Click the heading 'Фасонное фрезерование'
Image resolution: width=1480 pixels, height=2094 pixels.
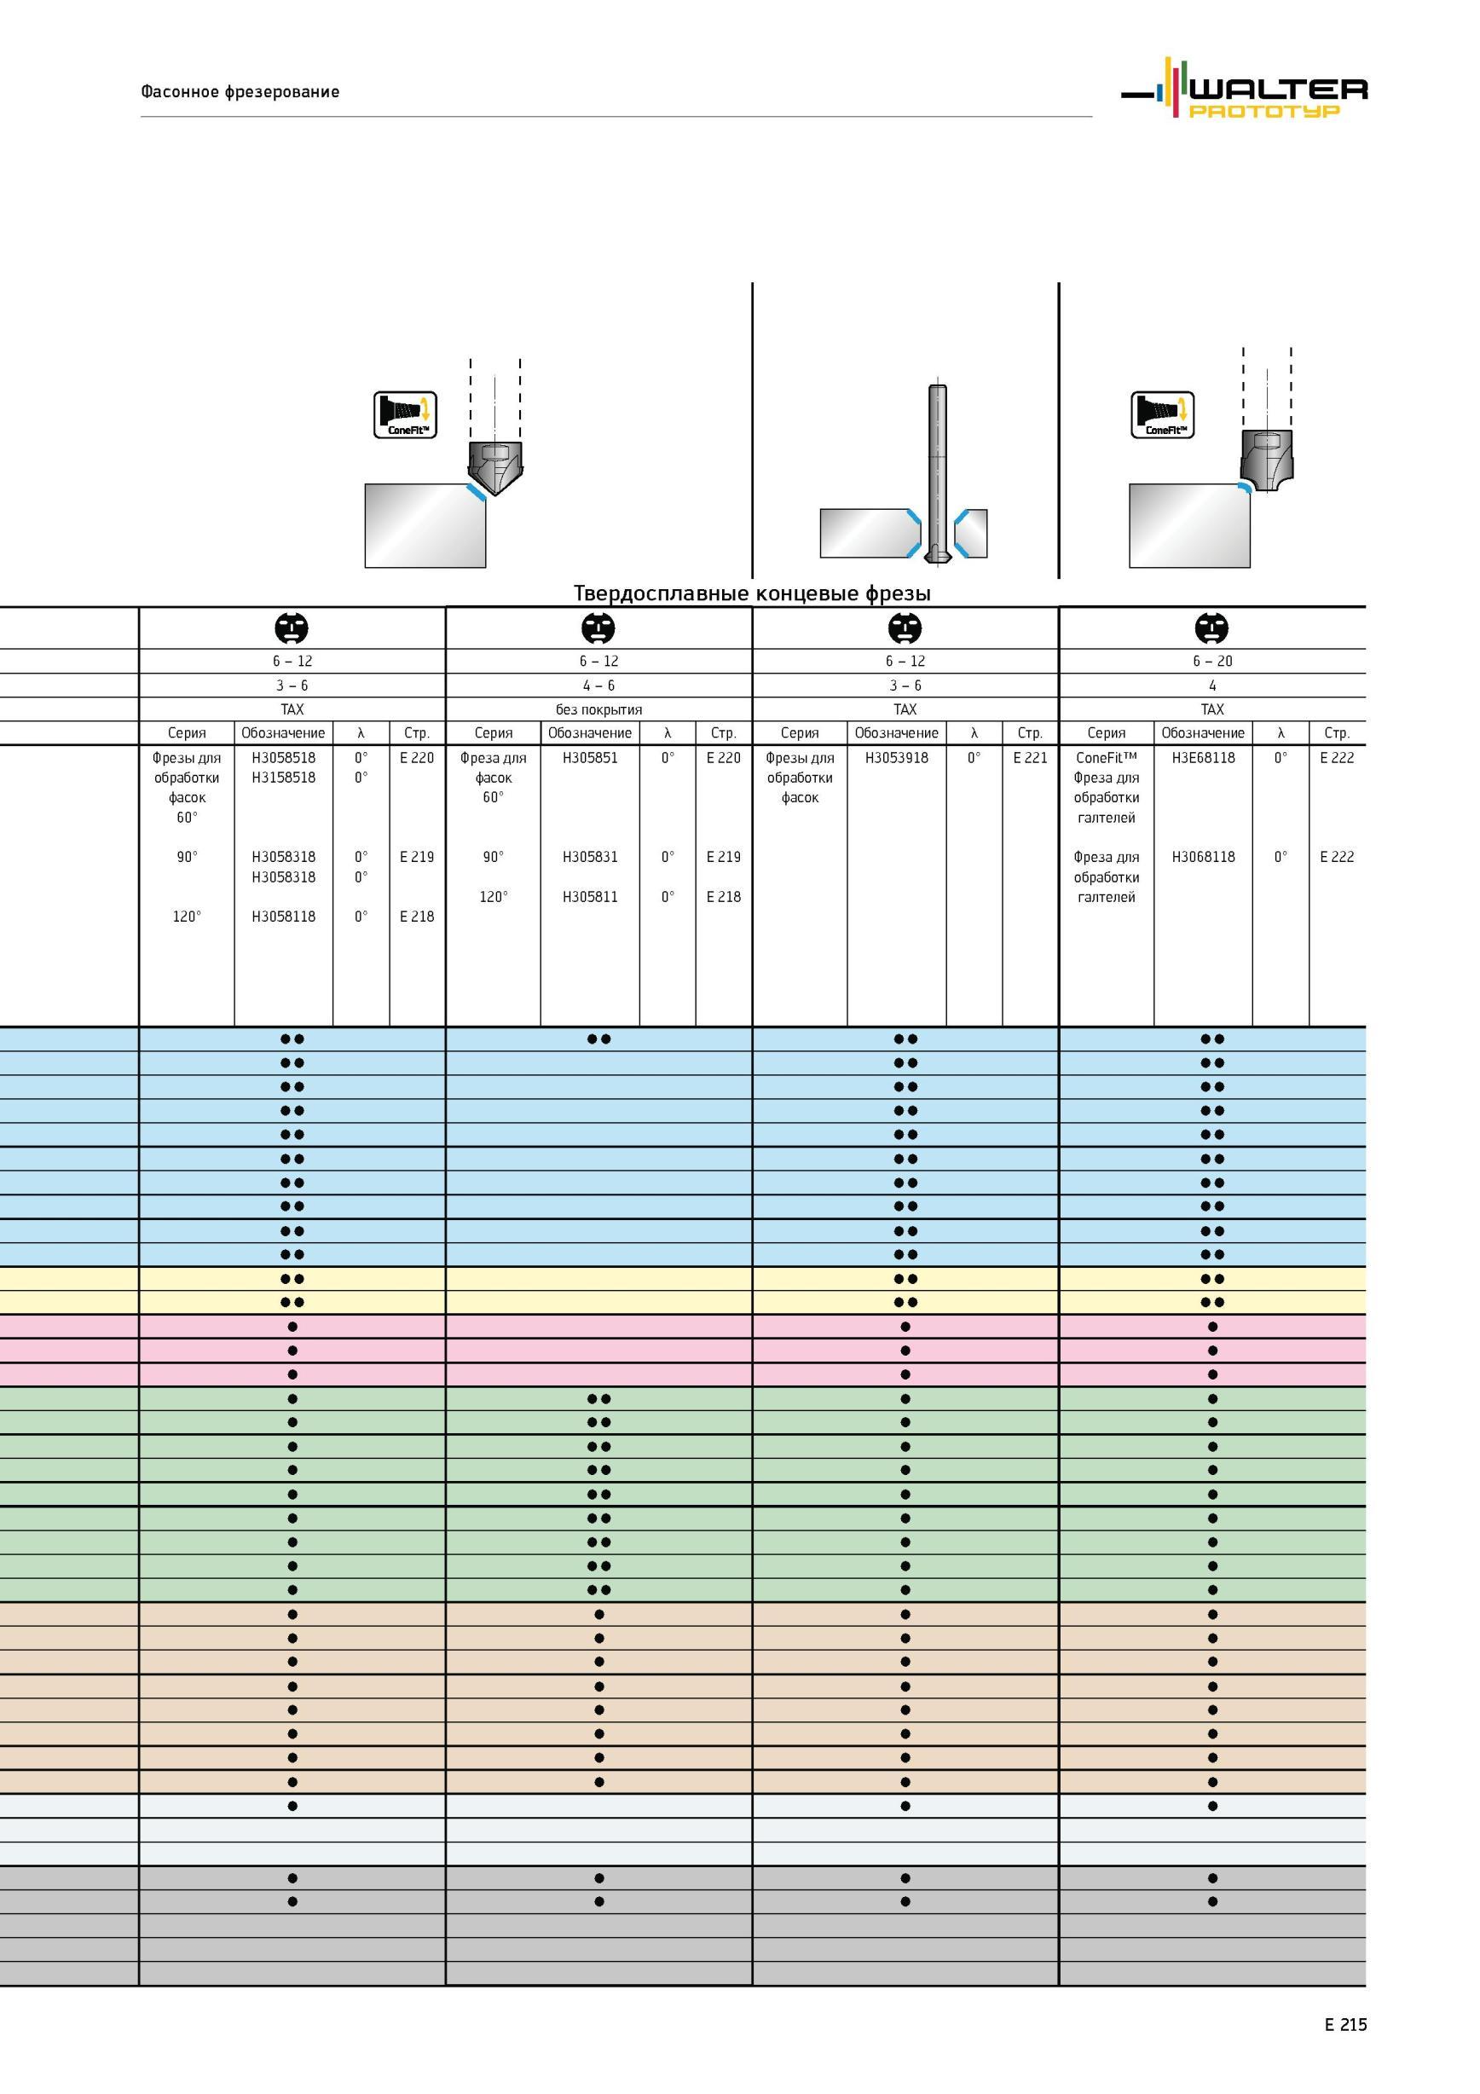coord(240,91)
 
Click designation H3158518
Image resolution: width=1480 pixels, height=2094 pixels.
coord(284,778)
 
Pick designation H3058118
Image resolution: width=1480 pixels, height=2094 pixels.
coord(284,917)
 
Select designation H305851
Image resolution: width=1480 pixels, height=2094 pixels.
coord(590,758)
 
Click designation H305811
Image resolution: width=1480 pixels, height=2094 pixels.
coord(590,897)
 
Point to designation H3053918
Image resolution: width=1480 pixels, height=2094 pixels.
coord(896,758)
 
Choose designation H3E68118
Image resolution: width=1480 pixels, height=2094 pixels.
coord(1203,758)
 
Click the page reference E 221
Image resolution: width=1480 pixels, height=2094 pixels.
coord(1030,758)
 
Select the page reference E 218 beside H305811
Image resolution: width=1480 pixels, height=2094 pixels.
coord(723,897)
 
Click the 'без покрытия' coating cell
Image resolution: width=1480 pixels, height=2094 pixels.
coord(598,709)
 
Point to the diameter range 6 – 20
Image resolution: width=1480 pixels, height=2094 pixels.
coord(1212,662)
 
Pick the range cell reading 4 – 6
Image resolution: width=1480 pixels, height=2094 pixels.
coord(598,685)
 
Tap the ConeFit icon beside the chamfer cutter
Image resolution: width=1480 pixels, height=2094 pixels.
coord(405,415)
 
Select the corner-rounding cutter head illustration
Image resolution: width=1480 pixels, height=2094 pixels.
coord(1267,461)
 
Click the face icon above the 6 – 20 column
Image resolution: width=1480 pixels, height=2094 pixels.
coord(1212,628)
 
